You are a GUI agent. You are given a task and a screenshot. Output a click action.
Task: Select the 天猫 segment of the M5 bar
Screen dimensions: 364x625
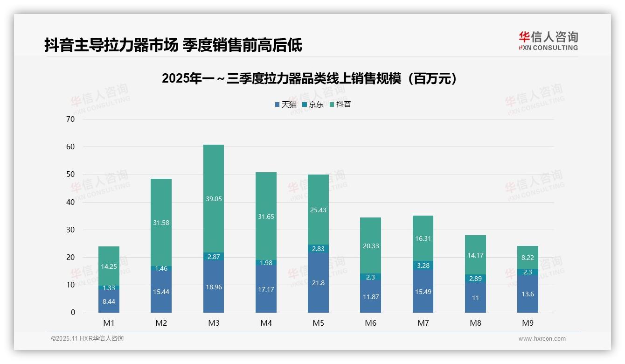(x=318, y=283)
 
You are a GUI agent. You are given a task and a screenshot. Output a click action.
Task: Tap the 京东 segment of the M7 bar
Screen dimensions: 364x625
(x=423, y=266)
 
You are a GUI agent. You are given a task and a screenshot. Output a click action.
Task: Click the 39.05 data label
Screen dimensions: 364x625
(x=214, y=199)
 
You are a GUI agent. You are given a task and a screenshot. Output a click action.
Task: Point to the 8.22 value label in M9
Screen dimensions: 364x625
(x=528, y=257)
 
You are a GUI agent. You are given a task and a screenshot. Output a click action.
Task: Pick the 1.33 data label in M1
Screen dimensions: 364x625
(x=109, y=288)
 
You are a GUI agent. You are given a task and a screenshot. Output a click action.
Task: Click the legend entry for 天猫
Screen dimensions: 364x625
(x=285, y=105)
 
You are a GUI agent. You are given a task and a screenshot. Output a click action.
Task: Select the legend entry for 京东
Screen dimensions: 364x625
(x=313, y=105)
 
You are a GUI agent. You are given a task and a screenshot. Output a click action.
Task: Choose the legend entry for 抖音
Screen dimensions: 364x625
(x=340, y=105)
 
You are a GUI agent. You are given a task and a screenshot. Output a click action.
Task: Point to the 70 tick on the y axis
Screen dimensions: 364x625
(x=70, y=119)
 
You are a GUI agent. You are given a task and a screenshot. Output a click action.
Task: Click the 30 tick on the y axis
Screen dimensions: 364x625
(x=70, y=230)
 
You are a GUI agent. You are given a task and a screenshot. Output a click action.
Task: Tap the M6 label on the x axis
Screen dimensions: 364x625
(x=371, y=323)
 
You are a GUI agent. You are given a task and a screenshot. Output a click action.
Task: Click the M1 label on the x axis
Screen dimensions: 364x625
(x=109, y=323)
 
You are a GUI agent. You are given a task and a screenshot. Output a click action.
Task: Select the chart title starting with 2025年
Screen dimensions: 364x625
(x=310, y=78)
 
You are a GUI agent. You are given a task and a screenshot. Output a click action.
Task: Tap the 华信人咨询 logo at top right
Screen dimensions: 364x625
(x=548, y=41)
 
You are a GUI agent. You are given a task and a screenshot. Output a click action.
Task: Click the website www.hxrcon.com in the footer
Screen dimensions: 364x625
(x=542, y=339)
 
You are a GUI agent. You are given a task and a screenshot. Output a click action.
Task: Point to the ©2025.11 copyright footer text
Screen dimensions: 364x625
(x=87, y=339)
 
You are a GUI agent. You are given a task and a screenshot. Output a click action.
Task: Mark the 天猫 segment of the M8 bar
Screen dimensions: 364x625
(x=475, y=297)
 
